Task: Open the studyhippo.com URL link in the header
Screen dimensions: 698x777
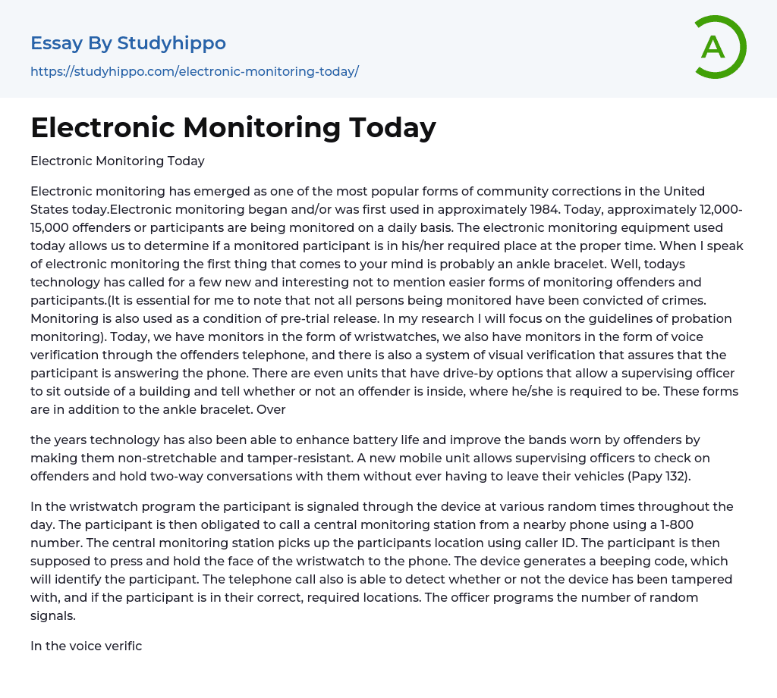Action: click(194, 71)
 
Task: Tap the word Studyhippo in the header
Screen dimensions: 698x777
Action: click(172, 43)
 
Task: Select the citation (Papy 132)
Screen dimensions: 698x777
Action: click(660, 476)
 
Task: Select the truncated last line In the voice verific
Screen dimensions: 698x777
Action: click(86, 646)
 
